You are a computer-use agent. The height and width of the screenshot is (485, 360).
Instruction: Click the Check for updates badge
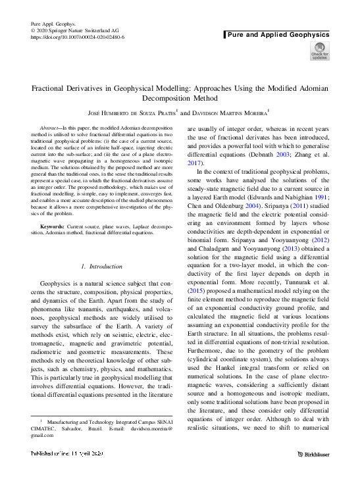click(x=319, y=51)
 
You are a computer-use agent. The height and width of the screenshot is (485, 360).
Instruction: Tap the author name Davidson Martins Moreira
click(x=229, y=113)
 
